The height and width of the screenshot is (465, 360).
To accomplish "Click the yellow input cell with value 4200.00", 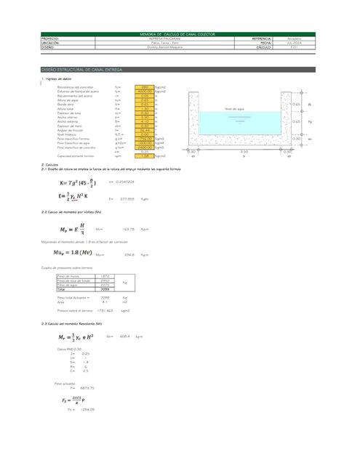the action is pos(145,92).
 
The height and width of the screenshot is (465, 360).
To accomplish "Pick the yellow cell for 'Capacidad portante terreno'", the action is pos(145,155).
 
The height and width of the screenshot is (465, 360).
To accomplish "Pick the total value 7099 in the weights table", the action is pos(105,290).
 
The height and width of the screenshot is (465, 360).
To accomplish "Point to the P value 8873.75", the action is pos(87,388).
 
